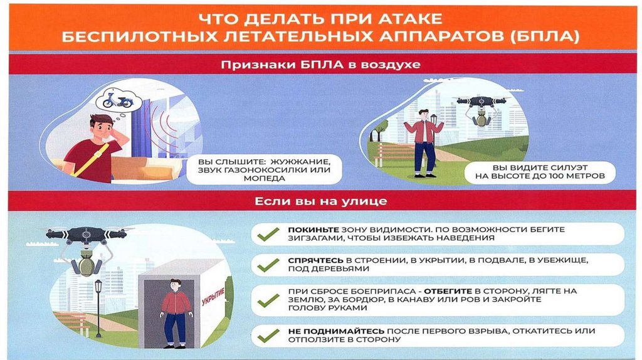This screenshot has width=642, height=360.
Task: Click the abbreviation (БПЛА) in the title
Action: pos(545,36)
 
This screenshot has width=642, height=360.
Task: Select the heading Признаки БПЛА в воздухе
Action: pos(320,65)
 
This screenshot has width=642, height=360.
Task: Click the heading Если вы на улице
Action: pos(320,201)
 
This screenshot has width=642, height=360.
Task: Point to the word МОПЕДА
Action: pos(264,179)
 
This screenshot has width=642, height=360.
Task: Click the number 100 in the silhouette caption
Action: pos(557,176)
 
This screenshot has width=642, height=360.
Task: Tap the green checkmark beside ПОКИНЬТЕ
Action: pos(268,234)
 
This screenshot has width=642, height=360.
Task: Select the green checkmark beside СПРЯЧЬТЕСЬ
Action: pos(268,265)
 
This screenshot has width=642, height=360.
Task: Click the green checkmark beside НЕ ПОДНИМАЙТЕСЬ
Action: pos(268,336)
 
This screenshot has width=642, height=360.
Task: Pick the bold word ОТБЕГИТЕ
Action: pos(448,291)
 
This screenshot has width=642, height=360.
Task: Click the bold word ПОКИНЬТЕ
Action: pos(313,230)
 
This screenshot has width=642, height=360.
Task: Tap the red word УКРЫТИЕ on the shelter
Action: pos(213,297)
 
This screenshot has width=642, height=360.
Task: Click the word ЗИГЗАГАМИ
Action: pos(312,238)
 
